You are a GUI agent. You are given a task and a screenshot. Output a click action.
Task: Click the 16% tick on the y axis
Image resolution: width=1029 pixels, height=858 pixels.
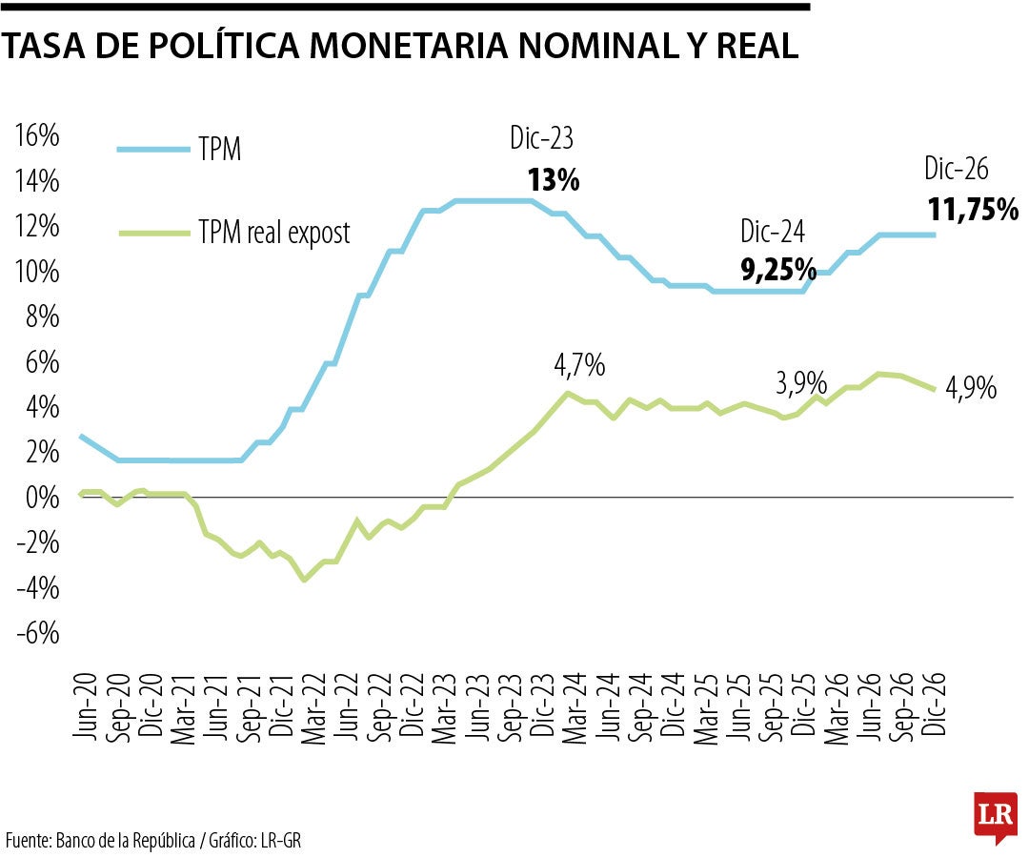tap(37, 136)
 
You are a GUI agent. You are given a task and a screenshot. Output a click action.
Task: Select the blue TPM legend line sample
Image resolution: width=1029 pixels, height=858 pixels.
tap(152, 150)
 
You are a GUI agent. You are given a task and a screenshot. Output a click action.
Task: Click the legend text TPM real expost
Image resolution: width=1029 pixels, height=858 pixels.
tap(274, 232)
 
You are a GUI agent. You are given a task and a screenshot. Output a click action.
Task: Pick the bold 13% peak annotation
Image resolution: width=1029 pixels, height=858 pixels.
tap(554, 180)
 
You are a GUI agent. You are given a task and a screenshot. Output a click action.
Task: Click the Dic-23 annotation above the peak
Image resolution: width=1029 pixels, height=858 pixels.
tap(541, 140)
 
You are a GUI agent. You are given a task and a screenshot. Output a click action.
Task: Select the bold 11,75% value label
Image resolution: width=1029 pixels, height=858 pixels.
tap(972, 210)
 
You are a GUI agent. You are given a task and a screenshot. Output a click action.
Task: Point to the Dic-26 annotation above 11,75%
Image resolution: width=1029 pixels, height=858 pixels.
tap(956, 170)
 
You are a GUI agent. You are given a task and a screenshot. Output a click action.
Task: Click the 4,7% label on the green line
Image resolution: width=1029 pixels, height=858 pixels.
tap(579, 364)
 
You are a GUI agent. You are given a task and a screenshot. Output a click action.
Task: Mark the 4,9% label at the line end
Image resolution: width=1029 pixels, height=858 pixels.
tap(971, 388)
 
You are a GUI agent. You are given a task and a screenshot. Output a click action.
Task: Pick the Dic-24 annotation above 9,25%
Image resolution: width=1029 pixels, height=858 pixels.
tap(773, 232)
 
